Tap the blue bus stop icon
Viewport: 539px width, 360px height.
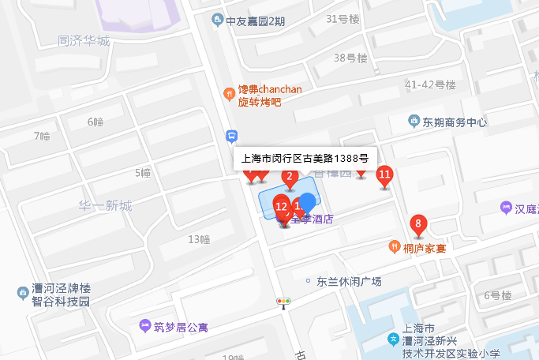click(x=231, y=136)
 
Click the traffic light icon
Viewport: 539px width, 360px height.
click(x=283, y=302)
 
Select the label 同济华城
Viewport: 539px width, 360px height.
click(x=84, y=41)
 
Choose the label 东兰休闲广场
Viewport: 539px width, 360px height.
click(x=349, y=281)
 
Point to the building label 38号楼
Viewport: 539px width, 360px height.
click(x=350, y=58)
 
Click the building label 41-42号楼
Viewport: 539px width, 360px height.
click(x=430, y=84)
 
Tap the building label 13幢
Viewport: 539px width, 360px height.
click(x=199, y=238)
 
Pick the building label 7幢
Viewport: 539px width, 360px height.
click(x=42, y=137)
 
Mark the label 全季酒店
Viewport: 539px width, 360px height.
click(x=313, y=220)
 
